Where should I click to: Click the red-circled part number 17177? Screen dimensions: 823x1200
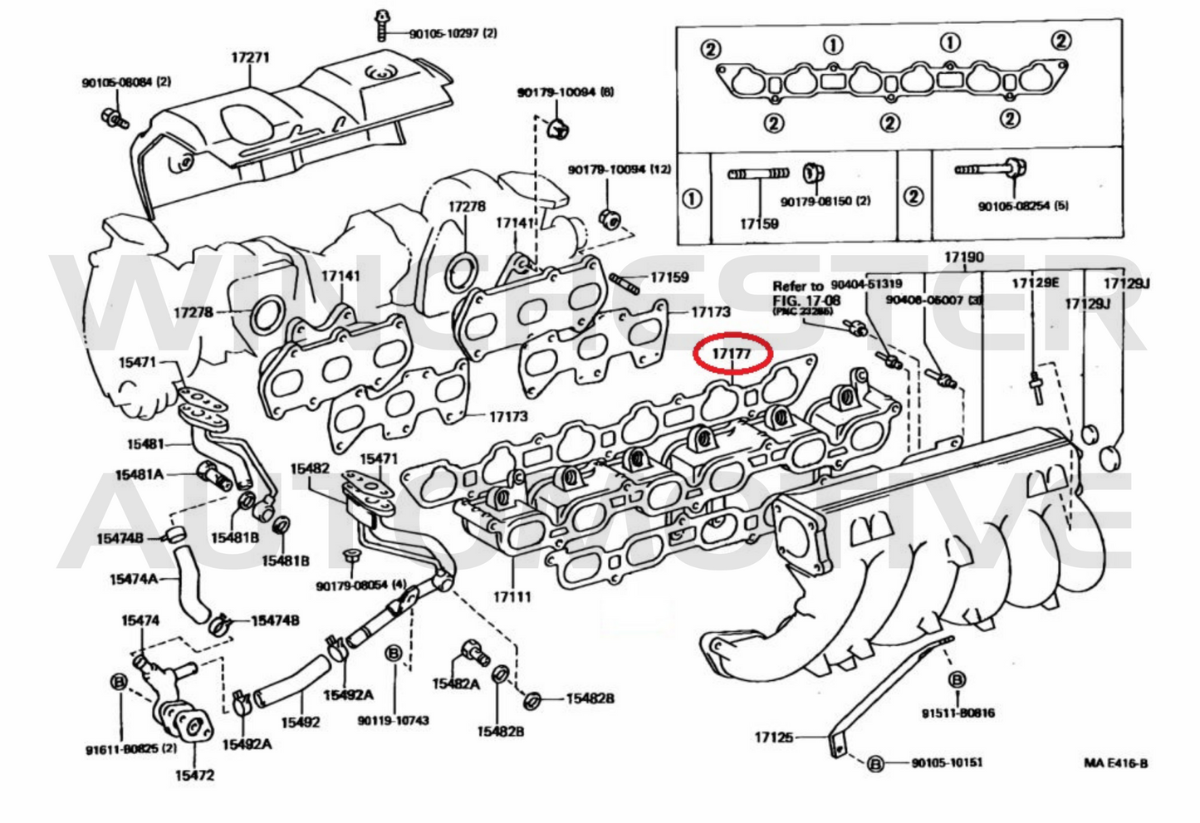(730, 354)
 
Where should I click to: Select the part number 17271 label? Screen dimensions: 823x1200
(250, 57)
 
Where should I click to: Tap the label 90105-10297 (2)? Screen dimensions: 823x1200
(453, 34)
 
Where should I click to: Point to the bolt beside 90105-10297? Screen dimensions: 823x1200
(383, 24)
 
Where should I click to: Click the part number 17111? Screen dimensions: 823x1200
(512, 596)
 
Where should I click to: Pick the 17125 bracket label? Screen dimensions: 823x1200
(773, 737)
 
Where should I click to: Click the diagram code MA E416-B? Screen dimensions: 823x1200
(1115, 762)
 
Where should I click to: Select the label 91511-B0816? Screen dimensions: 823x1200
(958, 713)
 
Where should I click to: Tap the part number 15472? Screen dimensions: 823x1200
(194, 775)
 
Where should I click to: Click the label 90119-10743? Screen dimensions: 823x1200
(394, 720)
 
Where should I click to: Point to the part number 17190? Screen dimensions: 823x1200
(963, 257)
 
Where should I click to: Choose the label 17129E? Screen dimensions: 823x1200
(1035, 283)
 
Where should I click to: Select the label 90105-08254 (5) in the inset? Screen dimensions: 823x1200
(1022, 206)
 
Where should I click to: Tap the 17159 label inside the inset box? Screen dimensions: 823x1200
(759, 223)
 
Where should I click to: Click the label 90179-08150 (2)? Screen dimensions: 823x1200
(825, 201)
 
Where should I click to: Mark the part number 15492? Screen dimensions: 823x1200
(300, 722)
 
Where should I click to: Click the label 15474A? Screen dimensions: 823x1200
(133, 579)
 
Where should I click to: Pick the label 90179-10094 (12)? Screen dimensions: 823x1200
(620, 169)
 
